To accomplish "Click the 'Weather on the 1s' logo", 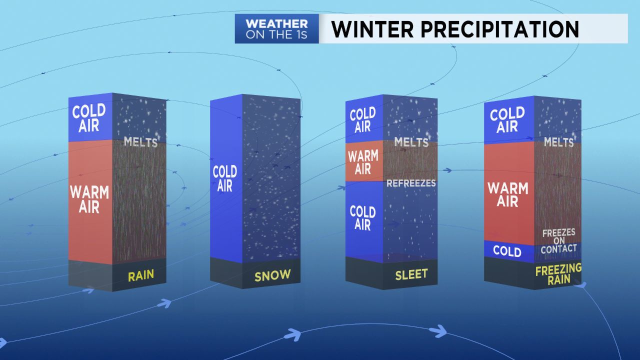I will click(x=276, y=29).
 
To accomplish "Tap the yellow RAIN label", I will click(x=140, y=275).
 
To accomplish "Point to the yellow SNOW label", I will click(x=272, y=275).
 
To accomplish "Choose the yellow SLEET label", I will click(x=411, y=274).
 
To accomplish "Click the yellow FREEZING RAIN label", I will click(x=558, y=274).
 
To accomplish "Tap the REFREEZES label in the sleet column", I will click(x=411, y=183).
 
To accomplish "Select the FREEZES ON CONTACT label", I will click(x=558, y=240).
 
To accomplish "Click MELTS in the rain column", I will click(x=140, y=142).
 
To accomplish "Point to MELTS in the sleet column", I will click(x=411, y=142).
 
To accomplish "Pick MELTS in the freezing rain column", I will click(x=558, y=142).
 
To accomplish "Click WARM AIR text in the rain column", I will click(x=89, y=199).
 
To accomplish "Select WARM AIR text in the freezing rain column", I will click(x=507, y=195).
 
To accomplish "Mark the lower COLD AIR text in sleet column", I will click(x=363, y=218).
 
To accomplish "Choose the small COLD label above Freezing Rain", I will click(x=507, y=251).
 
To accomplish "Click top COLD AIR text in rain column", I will click(x=89, y=118).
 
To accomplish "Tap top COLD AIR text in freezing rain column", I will click(x=507, y=120).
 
